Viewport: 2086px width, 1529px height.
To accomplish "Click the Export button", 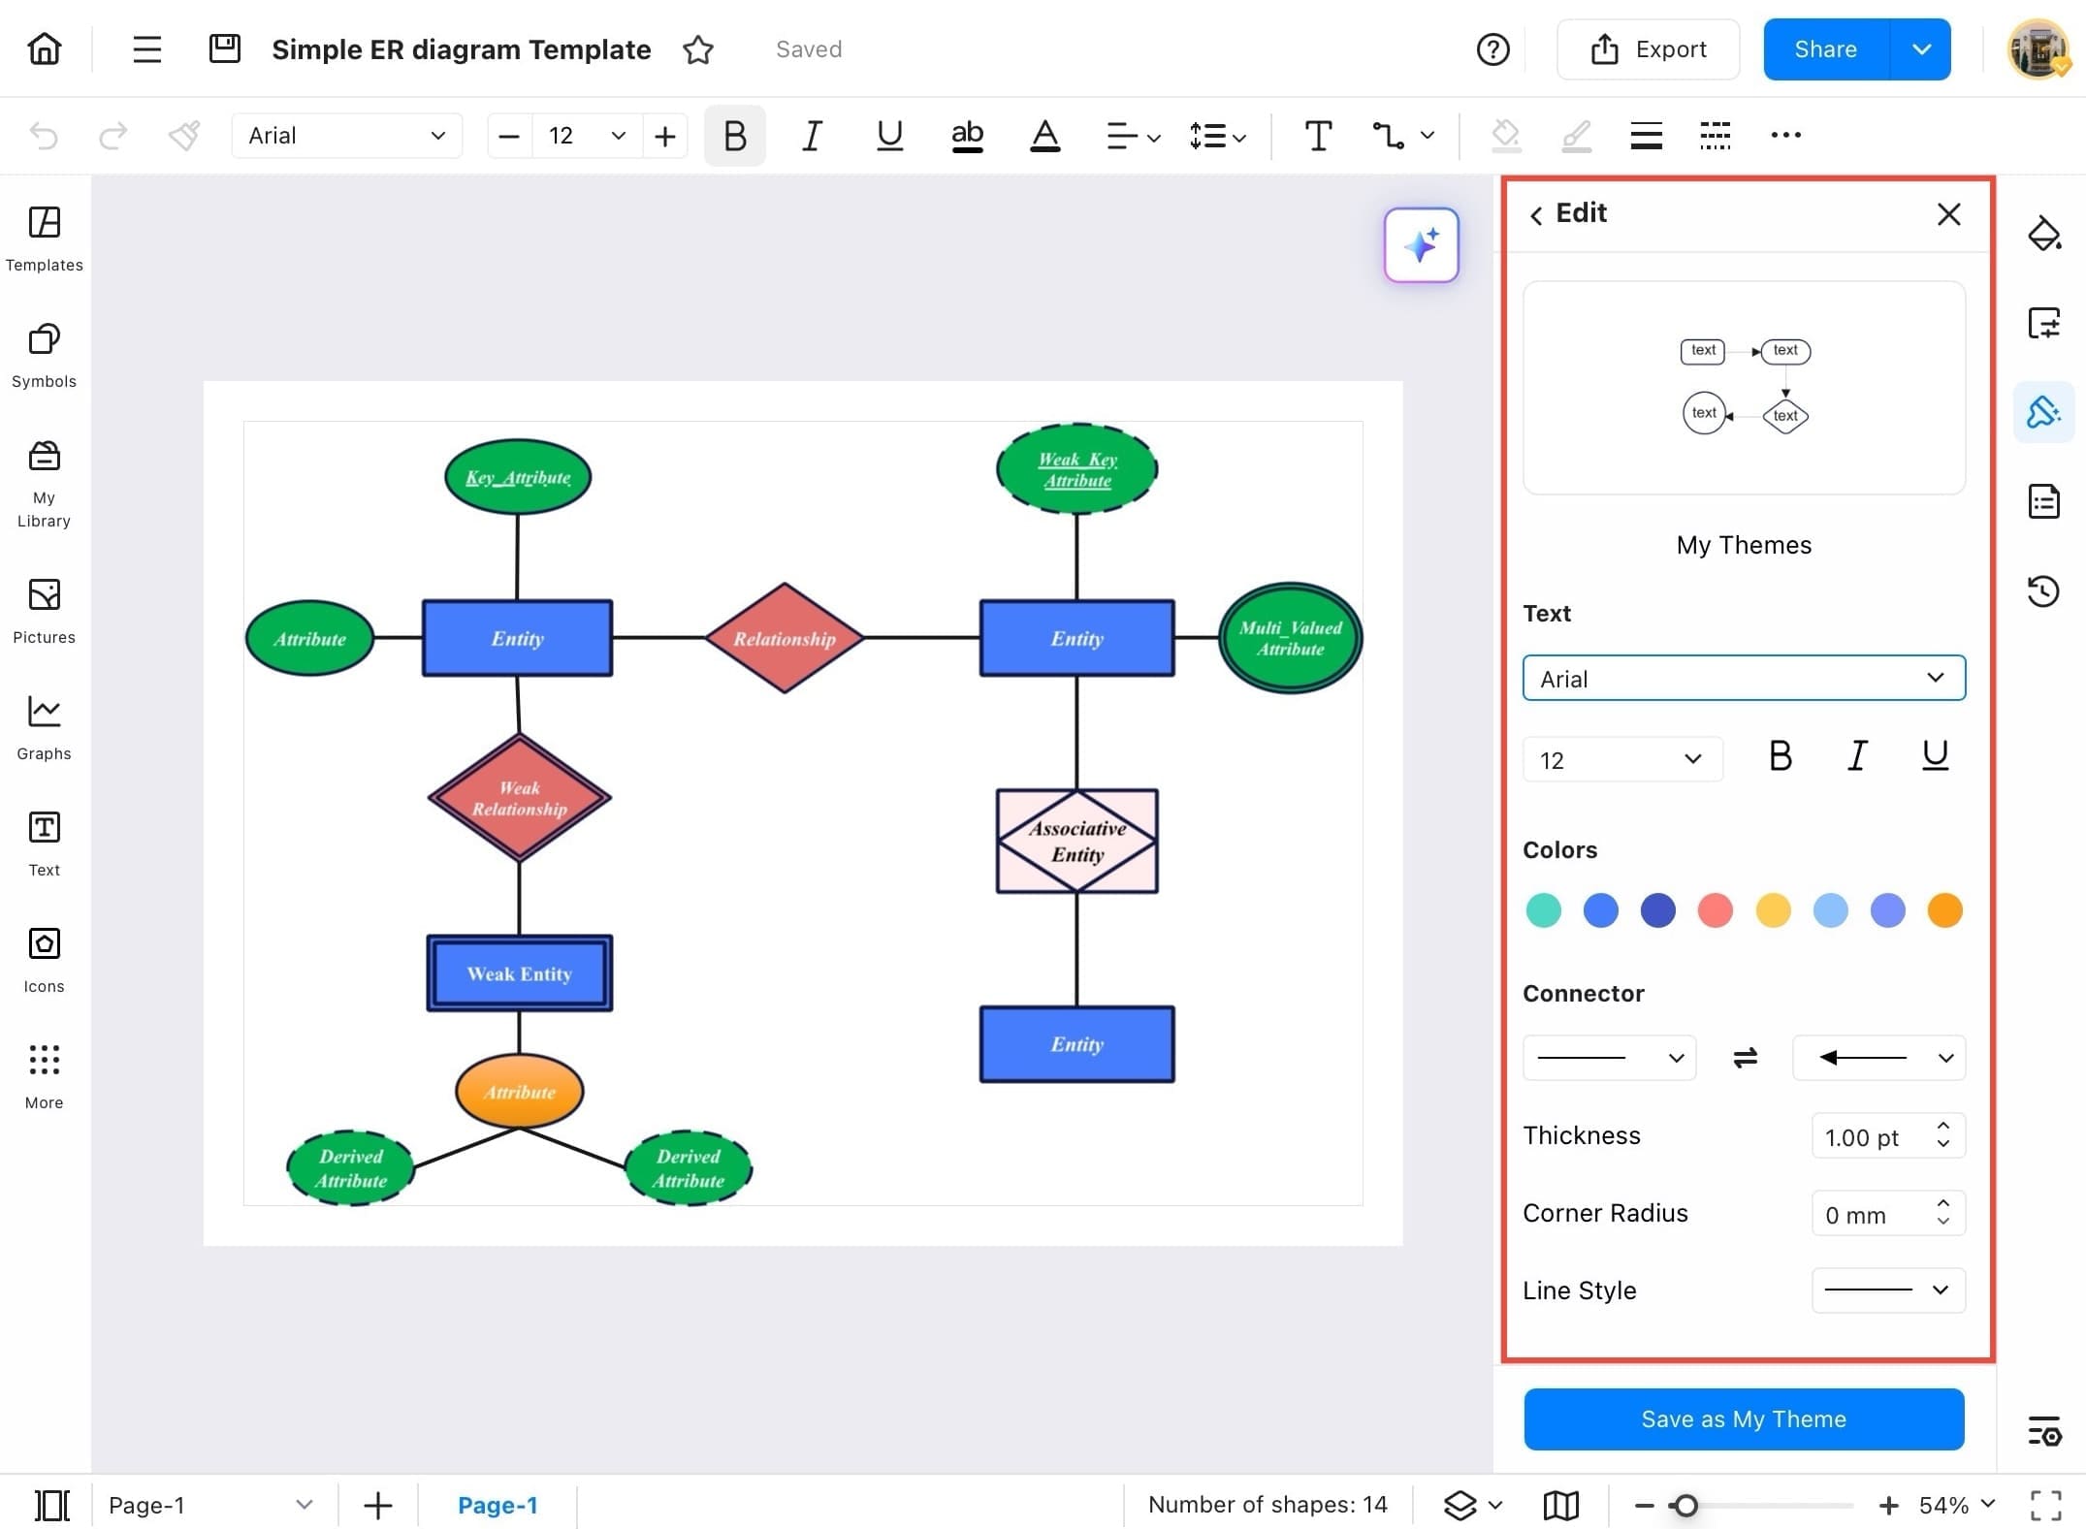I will [x=1648, y=49].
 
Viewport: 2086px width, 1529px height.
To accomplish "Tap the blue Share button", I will [x=1825, y=49].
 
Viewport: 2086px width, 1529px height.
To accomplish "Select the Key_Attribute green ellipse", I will [x=518, y=477].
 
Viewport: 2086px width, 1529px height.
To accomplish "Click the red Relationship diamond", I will [x=784, y=638].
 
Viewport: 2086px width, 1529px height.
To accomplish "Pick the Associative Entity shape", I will [x=1076, y=841].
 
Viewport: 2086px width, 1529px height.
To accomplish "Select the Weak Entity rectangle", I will [x=519, y=973].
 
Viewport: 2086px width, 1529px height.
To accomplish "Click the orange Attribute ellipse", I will [x=519, y=1092].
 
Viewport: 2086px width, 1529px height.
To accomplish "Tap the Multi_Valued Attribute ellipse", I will [x=1290, y=638].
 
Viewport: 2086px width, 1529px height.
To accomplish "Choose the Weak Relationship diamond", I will [x=519, y=798].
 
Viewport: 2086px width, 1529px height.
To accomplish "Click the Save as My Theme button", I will [x=1743, y=1418].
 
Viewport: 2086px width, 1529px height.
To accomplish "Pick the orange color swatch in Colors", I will [x=1944, y=910].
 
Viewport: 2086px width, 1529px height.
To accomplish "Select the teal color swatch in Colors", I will [x=1543, y=910].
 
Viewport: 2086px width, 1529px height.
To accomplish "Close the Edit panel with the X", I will [x=1948, y=214].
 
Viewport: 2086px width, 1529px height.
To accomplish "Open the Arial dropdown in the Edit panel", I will [x=1743, y=678].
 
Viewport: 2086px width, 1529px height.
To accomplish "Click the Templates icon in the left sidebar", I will [x=45, y=238].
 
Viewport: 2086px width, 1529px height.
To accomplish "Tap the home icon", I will [x=45, y=48].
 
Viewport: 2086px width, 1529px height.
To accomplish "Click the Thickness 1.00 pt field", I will [x=1872, y=1136].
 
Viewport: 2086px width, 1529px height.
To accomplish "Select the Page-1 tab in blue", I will [x=497, y=1505].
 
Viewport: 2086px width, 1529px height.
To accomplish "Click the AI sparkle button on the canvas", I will [x=1421, y=245].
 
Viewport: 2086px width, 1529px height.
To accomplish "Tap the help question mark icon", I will [x=1492, y=49].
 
